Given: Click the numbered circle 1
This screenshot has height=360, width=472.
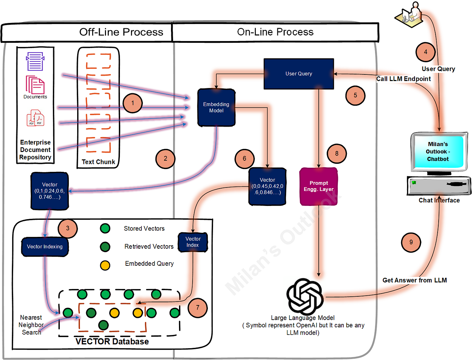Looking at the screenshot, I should (132, 103).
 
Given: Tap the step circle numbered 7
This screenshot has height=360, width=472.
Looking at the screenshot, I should (197, 307).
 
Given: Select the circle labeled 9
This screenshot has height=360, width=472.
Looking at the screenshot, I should (411, 242).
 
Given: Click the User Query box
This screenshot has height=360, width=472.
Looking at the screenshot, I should (299, 74).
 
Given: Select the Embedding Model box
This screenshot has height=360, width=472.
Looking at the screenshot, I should (216, 107).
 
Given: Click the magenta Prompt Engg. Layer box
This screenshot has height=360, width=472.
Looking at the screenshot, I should (318, 186).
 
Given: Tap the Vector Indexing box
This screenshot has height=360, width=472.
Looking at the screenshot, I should (45, 247).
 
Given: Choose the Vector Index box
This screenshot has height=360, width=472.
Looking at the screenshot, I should (193, 242).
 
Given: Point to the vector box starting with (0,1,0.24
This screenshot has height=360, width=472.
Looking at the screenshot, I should (50, 191).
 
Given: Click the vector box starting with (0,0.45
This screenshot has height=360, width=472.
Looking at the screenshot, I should (267, 186).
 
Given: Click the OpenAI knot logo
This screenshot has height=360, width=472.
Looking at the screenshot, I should (305, 296).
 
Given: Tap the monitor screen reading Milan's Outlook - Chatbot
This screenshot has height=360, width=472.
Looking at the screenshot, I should (438, 152).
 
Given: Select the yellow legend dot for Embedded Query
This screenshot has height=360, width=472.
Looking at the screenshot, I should (105, 265).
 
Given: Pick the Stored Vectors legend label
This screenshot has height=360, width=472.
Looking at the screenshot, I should (144, 229).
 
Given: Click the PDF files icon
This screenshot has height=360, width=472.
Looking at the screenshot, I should (35, 118).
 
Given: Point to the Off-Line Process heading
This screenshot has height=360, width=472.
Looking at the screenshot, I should (121, 32).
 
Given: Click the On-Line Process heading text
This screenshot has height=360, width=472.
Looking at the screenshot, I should (275, 32).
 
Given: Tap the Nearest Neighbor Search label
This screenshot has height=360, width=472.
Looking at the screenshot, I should (31, 325).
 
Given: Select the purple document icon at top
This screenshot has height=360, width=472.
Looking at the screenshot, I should (35, 61).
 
